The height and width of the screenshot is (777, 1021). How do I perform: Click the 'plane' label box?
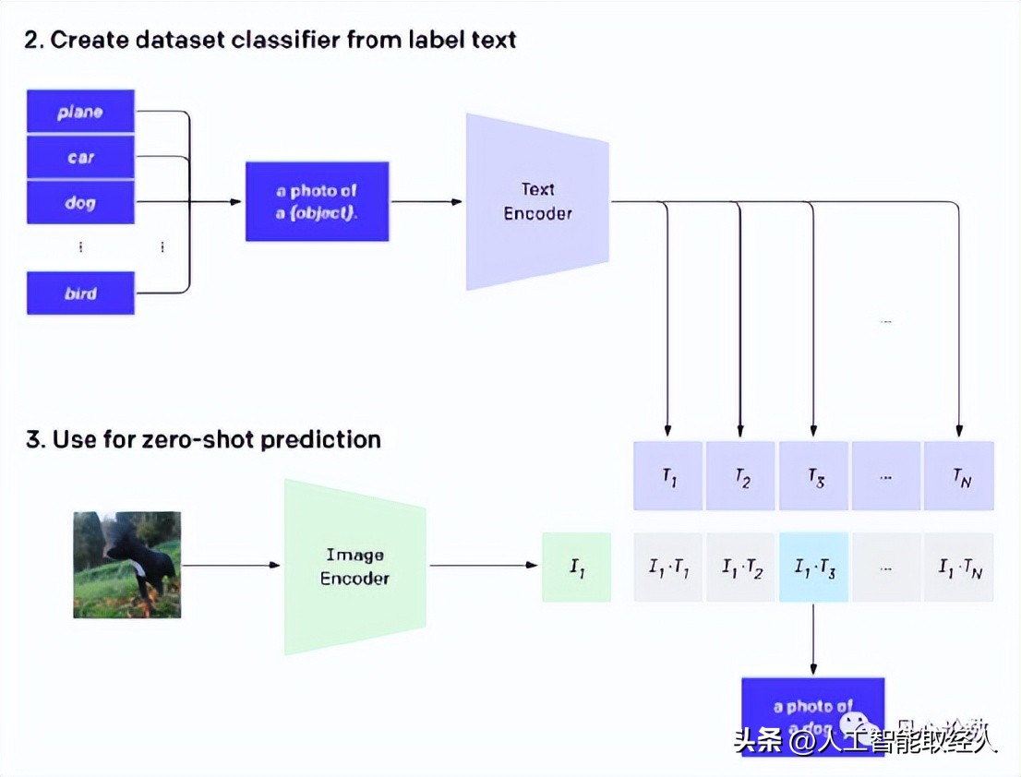point(80,112)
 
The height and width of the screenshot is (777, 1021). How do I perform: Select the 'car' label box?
point(80,157)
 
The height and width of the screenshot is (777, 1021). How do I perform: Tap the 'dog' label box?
point(80,202)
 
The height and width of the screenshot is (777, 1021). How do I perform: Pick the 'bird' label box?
point(80,293)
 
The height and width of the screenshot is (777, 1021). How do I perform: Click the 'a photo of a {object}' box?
point(317,201)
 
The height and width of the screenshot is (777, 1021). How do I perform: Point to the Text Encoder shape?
point(537,201)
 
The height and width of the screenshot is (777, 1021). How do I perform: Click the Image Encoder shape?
point(355,567)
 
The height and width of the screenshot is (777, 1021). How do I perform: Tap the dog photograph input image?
point(126,565)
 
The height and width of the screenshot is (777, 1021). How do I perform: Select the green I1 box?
point(576,568)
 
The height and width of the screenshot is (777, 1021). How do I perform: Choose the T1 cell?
point(668,476)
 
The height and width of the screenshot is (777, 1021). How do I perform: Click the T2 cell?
point(740,476)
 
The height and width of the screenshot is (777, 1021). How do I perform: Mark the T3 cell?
point(813,476)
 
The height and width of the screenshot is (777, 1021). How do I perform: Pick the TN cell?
point(959,476)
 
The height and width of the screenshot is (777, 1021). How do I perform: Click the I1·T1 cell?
point(668,568)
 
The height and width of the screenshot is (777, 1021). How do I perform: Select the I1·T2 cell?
point(740,568)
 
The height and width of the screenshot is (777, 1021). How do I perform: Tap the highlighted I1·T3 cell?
point(813,568)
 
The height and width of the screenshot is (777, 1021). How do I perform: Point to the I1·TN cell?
point(959,568)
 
